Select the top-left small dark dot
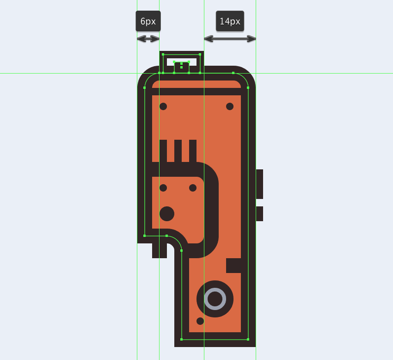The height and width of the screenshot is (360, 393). (x=163, y=106)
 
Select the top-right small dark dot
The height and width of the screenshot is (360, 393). (x=230, y=106)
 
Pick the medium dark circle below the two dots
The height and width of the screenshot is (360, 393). (x=167, y=214)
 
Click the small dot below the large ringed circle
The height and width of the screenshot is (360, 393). (x=200, y=321)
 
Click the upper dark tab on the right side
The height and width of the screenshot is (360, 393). (x=259, y=184)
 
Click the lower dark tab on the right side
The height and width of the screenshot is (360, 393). (x=259, y=214)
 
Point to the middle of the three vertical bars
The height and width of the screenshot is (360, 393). (x=178, y=151)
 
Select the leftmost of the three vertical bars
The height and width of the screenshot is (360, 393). (x=163, y=151)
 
